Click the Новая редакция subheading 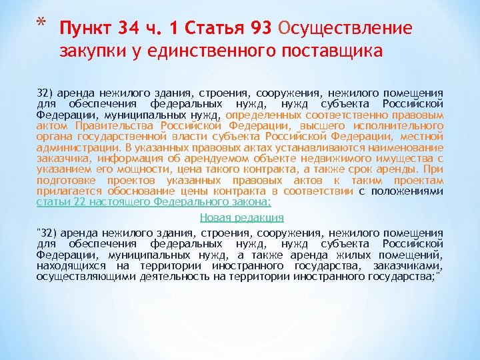pyautogui.click(x=241, y=217)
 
